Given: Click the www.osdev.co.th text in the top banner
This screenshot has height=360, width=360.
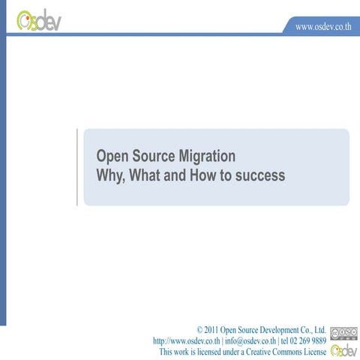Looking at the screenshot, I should [x=323, y=26].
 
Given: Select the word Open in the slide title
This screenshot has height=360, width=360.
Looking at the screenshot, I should [x=113, y=156].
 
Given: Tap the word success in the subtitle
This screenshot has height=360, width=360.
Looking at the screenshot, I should [x=262, y=176].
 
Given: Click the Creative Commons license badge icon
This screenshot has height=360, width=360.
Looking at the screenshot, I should [x=339, y=333].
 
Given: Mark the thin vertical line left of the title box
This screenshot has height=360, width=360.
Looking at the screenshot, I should [x=77, y=166].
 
